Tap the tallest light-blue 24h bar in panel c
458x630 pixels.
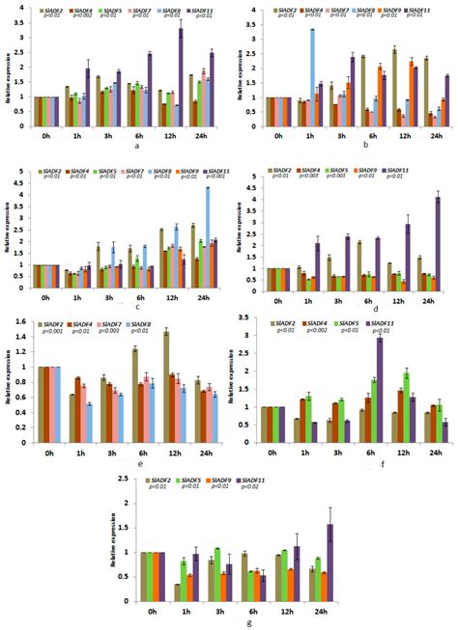pyautogui.click(x=207, y=232)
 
